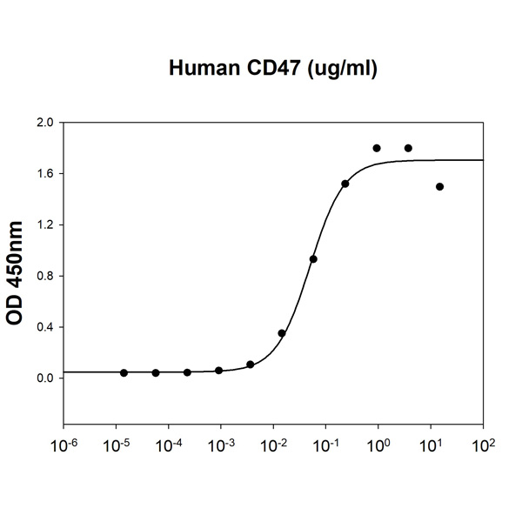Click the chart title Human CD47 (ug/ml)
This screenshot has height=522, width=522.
click(x=272, y=69)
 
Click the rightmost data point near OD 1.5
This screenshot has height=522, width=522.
click(x=439, y=186)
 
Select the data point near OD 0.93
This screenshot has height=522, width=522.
click(x=313, y=258)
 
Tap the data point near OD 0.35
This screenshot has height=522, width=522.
click(x=282, y=333)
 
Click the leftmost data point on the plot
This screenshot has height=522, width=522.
click(x=124, y=372)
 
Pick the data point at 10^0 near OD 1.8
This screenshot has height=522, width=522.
click(x=377, y=148)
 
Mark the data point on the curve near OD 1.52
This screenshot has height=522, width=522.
click(x=345, y=184)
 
